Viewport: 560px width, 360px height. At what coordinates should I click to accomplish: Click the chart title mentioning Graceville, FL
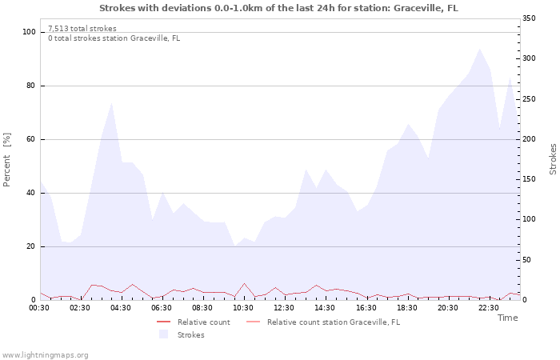click(x=279, y=8)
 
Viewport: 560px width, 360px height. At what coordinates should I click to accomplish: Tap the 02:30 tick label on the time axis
click(x=81, y=307)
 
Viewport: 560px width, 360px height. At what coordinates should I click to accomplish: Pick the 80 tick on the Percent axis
click(x=30, y=86)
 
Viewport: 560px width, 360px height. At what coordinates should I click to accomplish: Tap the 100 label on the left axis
click(x=28, y=32)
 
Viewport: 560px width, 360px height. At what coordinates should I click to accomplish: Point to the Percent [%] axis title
click(x=8, y=160)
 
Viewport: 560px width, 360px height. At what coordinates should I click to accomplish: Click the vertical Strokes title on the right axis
click(x=553, y=160)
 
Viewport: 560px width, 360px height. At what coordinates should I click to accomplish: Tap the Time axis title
click(x=507, y=318)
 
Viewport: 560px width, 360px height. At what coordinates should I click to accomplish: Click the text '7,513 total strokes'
click(x=82, y=29)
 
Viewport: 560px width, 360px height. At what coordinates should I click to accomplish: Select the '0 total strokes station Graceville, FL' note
click(x=114, y=38)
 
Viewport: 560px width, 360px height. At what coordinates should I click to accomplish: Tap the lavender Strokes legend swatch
click(x=164, y=334)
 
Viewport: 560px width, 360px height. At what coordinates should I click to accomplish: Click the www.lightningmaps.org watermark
click(x=46, y=355)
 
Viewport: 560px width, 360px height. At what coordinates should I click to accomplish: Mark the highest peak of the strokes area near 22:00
click(x=479, y=49)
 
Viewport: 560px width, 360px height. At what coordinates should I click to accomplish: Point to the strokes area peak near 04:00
click(x=111, y=102)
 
